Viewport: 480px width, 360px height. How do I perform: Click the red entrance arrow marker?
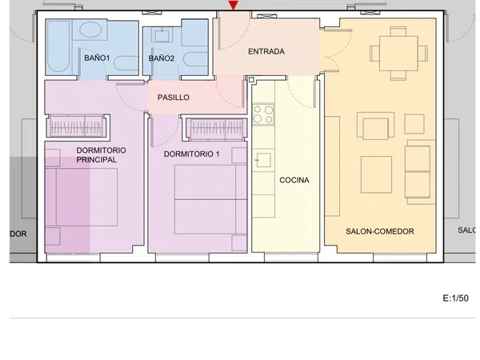coord(234,5)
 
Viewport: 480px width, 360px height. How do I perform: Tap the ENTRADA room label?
coord(266,51)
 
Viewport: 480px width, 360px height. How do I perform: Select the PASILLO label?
coord(174,98)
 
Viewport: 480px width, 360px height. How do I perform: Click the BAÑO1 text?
coord(97,58)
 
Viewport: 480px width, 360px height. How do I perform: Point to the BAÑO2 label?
coord(162,58)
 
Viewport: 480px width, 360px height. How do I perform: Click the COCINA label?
coord(294,180)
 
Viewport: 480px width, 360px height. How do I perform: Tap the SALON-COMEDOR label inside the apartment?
coord(380,231)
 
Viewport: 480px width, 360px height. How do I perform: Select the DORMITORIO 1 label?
coord(192,154)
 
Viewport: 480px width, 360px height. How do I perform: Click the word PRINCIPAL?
coord(97,160)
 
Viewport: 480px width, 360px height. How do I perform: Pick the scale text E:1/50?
coord(455,298)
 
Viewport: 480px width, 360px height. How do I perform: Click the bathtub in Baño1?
coord(58,47)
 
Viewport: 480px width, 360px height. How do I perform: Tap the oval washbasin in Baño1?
coord(90,30)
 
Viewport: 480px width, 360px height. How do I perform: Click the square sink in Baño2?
coord(162,34)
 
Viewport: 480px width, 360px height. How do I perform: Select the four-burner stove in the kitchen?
coord(263,114)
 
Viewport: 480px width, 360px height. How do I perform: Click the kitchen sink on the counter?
coord(263,160)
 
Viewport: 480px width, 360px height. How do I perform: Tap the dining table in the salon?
coord(398,54)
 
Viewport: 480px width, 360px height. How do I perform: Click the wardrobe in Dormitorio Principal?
coord(78,126)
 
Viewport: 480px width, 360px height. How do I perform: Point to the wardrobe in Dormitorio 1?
coord(217,128)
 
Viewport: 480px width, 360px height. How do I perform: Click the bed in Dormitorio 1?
coord(210,199)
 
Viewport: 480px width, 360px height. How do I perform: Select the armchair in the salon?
coord(376,126)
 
